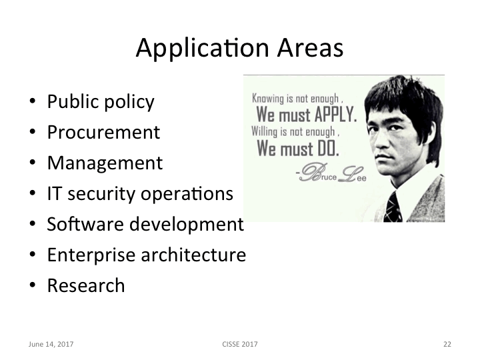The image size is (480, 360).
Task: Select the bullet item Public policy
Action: coord(101,102)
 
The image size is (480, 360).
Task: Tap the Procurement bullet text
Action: coord(103,132)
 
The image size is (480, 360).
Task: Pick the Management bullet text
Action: coord(105,163)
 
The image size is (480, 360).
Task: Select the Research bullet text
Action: coord(86,285)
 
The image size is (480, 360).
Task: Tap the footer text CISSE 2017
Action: coord(240,344)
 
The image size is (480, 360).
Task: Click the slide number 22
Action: coord(447,344)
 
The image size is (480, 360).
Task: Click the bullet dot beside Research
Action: coord(32,286)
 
